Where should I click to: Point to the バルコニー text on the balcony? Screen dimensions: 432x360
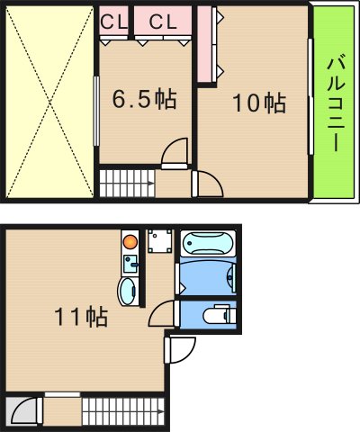point(336,103)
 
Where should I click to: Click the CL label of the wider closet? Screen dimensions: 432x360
point(163,21)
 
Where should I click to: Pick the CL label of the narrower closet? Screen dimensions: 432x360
point(113,21)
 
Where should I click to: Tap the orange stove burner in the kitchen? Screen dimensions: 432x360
point(130,241)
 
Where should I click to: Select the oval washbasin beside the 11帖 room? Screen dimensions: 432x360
point(130,290)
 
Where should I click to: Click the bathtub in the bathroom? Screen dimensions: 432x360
point(208,246)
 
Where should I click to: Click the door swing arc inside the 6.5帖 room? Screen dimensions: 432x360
point(175,154)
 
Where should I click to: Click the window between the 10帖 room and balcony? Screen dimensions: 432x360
point(310,103)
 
